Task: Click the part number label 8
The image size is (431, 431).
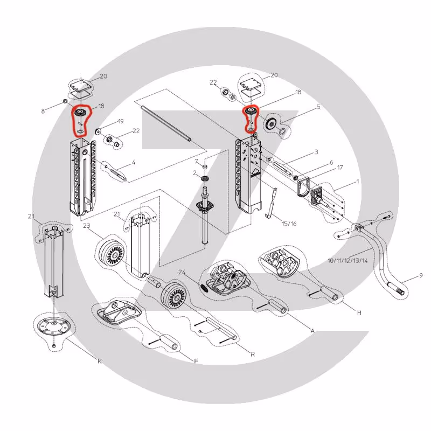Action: click(x=43, y=112)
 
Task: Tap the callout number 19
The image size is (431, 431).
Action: click(x=120, y=121)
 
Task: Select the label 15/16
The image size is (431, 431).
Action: click(x=289, y=224)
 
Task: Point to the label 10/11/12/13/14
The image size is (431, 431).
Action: click(x=347, y=261)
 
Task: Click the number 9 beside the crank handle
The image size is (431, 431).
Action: click(x=421, y=275)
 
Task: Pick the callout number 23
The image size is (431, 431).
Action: click(x=87, y=226)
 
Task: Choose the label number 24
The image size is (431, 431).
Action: click(x=182, y=273)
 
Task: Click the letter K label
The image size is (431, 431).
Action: click(x=100, y=361)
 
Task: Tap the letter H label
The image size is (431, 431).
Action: click(x=359, y=312)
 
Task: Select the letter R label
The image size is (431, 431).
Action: click(x=253, y=354)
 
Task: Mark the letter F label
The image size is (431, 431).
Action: click(x=196, y=361)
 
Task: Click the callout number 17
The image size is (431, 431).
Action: click(x=340, y=168)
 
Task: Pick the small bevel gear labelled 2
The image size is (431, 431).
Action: click(x=205, y=179)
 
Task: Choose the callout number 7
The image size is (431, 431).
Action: click(x=196, y=161)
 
